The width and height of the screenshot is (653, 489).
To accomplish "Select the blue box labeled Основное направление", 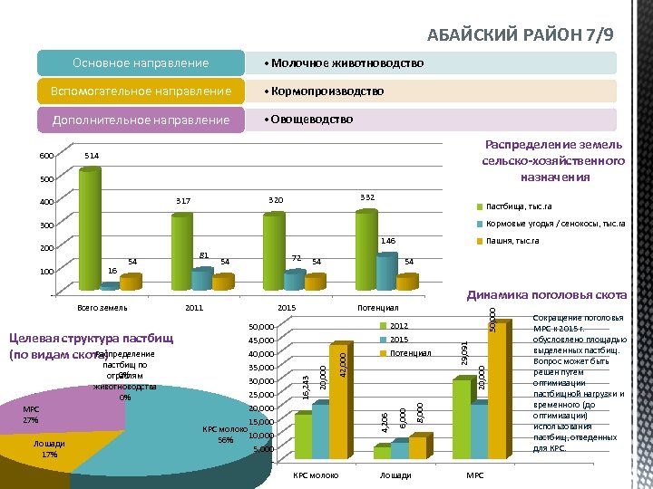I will coord(141,62).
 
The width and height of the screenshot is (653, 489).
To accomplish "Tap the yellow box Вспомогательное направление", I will coord(141,91).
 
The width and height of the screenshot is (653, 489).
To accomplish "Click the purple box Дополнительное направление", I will coord(141,120).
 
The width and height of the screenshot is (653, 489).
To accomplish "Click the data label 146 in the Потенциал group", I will coord(387,242).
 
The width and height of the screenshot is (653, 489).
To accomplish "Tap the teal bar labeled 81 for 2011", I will coord(201,278).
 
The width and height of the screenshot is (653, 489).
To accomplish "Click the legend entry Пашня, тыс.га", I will coord(512,241).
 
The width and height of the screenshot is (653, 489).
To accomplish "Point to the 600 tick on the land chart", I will coord(45,156).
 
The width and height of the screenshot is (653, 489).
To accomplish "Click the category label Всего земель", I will coord(102,308).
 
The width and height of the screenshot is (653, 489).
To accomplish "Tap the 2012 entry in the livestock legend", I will coord(399,325).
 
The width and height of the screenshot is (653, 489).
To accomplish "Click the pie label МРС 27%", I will coord(31,415).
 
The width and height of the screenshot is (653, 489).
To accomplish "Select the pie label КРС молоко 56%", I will coord(219,435).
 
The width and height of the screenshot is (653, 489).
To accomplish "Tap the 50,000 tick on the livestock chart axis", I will coord(260,326).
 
